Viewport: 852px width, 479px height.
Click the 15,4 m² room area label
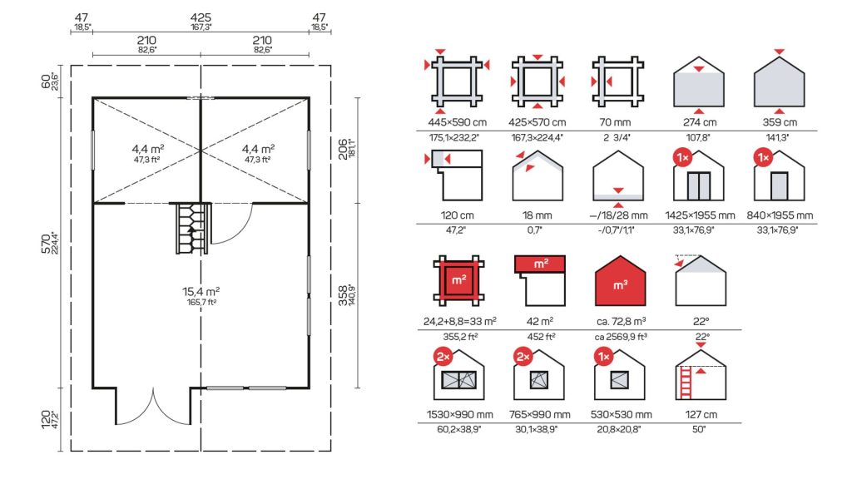point(201,292)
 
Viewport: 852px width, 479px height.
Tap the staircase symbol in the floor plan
point(192,229)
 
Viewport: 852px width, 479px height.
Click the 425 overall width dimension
point(201,18)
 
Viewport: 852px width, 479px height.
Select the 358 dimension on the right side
point(343,296)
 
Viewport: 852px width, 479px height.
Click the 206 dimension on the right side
point(343,150)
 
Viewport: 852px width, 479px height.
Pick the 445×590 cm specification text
point(457,122)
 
